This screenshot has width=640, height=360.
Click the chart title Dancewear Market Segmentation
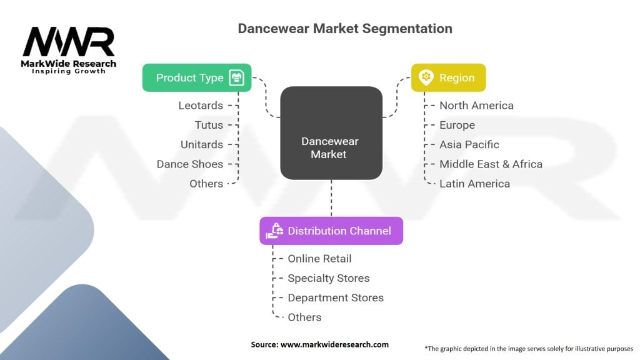point(344,29)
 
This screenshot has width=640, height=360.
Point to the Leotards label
point(201,106)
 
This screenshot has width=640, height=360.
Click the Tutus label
point(209,125)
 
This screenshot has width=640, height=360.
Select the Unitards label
point(202,144)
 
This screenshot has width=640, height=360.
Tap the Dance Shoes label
point(189,164)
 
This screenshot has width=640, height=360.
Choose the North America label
point(476,106)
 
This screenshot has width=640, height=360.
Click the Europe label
point(457,125)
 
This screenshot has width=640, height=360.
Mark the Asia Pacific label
point(469,144)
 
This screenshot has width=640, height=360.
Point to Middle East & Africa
point(491,164)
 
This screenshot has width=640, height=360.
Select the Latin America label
point(474,183)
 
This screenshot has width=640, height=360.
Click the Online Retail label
point(319,259)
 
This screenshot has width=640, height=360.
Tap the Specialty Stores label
point(328,278)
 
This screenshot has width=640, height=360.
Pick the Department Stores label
point(336,297)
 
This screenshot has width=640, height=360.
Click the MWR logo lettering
point(69,42)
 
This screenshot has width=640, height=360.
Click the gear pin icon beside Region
point(426,77)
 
